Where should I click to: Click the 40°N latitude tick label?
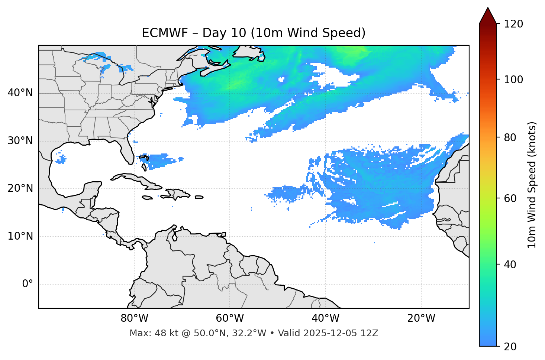pos(20,93)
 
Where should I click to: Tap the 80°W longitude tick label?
pos(134,318)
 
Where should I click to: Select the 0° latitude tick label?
pos(28,284)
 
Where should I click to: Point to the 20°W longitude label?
pos(421,318)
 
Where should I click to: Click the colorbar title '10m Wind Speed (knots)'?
pos(532,185)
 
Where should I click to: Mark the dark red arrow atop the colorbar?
pos(488,16)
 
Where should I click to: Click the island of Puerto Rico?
pos(199,197)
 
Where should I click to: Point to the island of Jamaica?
pos(147,198)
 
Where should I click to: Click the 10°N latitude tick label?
pos(20,236)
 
